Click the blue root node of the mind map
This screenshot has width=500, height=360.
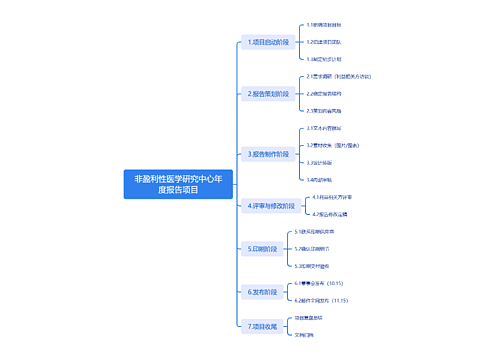(x=177, y=183)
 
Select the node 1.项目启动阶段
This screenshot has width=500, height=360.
(x=268, y=43)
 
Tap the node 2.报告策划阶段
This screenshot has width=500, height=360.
(x=268, y=94)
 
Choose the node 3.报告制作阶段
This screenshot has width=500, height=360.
(x=268, y=154)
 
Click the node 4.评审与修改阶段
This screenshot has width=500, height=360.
(x=270, y=205)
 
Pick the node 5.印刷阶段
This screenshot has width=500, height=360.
(x=262, y=248)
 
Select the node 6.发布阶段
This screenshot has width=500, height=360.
(x=262, y=291)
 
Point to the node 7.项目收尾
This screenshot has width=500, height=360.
(x=263, y=326)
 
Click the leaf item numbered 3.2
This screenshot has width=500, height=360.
(x=338, y=145)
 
